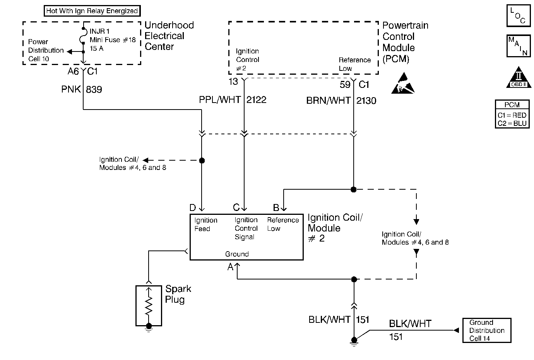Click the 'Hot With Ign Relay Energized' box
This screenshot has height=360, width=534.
[92, 11]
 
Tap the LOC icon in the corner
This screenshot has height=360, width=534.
[518, 15]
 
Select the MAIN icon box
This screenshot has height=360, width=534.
[518, 46]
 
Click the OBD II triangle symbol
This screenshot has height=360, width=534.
[518, 79]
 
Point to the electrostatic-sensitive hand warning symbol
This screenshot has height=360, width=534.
[403, 83]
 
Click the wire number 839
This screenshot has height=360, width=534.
[94, 89]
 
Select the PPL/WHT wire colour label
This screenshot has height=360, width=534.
[220, 100]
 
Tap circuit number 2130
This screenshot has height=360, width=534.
[366, 101]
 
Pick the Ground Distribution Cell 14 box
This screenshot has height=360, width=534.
[486, 330]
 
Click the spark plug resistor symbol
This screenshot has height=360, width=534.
[149, 306]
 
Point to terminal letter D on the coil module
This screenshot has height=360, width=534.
[193, 208]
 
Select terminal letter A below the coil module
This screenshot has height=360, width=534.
[230, 267]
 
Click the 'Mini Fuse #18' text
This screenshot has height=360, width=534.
[113, 40]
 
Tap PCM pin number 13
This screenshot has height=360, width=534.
[233, 82]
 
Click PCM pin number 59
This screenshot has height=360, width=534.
[345, 84]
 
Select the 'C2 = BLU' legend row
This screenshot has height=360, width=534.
[512, 123]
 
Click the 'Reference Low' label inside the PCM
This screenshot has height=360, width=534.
[354, 64]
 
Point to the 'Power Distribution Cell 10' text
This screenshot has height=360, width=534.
[45, 50]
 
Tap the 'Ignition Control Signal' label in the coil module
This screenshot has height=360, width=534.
[246, 228]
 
